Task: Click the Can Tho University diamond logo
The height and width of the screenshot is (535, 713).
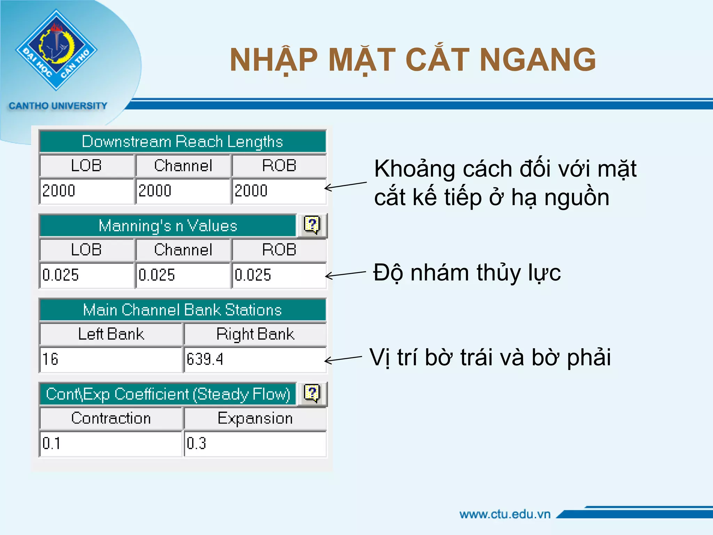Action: coord(56,50)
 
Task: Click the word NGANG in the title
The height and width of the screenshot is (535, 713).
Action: coord(538,60)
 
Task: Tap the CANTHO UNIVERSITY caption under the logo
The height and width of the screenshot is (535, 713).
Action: coord(58,106)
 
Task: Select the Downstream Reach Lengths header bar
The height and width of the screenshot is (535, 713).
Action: coord(182,141)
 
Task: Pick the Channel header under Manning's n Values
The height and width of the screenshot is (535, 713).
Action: coord(183,250)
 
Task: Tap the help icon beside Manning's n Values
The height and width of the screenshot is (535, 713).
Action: coord(312,225)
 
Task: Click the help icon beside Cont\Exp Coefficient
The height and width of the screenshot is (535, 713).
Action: coord(312,394)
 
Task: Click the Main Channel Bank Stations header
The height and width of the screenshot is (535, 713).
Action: coord(182,310)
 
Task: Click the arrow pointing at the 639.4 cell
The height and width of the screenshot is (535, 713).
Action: coord(343,359)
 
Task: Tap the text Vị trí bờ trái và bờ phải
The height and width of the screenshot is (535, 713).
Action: coord(490,357)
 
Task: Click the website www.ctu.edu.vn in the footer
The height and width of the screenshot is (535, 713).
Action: coord(505,514)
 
